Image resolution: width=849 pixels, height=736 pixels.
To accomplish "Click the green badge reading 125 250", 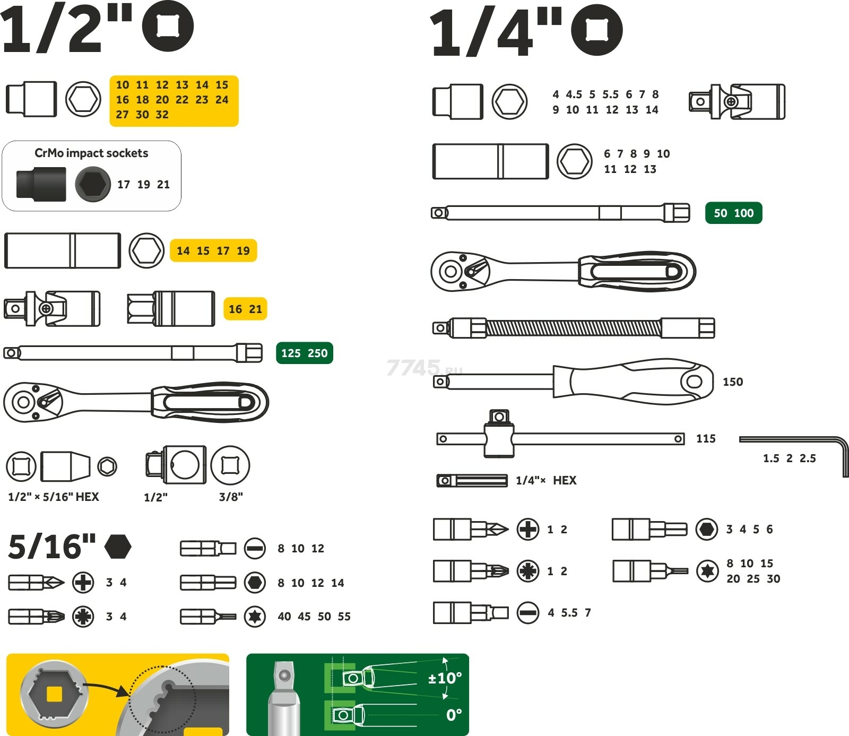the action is (304, 353).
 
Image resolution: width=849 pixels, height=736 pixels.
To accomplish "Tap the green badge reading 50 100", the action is (733, 213).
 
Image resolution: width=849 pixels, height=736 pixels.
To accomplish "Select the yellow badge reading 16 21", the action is (245, 309).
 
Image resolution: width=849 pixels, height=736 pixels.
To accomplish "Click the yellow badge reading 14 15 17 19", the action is (213, 250).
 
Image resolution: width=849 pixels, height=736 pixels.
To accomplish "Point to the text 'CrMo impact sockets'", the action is (91, 153).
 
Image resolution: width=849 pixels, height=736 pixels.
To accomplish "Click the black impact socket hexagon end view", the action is (93, 184).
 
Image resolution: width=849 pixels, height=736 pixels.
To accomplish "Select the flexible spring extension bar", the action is (574, 328).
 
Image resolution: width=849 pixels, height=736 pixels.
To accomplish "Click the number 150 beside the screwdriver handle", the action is (733, 382).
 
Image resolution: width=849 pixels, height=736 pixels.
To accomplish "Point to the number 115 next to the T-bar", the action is (706, 439).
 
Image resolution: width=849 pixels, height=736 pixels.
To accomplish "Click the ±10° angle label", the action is (445, 678).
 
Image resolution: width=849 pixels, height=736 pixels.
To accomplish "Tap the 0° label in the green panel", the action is (454, 715).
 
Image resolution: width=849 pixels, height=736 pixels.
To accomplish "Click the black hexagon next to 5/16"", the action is (118, 547).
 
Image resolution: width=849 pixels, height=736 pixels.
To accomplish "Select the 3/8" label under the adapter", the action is (231, 497).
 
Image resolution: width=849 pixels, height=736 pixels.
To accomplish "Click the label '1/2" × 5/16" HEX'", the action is (54, 497).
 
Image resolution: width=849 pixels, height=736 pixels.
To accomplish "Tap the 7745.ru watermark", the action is (424, 368).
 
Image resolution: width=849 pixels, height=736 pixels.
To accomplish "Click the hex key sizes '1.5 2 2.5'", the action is (790, 458).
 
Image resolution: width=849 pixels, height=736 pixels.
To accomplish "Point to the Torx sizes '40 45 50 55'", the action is (314, 617).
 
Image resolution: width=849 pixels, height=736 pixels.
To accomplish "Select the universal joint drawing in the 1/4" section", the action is (737, 101).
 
